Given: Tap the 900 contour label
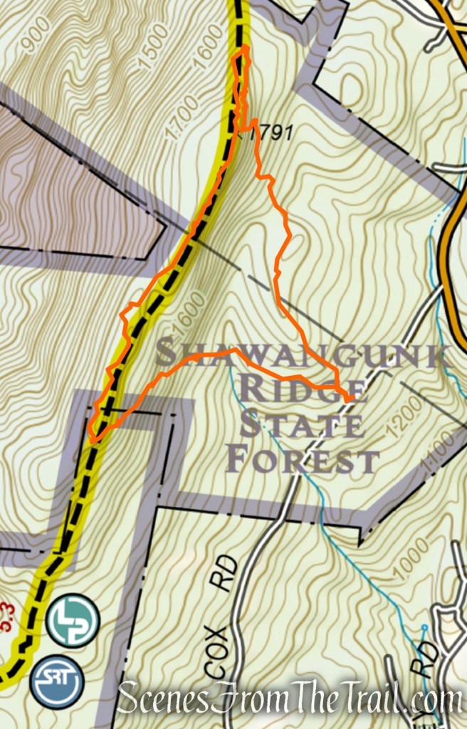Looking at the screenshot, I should (x=33, y=44).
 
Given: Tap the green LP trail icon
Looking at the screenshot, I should (x=72, y=621).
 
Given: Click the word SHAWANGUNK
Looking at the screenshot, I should (x=299, y=355).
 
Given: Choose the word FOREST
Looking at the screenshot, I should (x=302, y=461).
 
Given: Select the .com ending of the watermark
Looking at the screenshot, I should (x=434, y=701).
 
